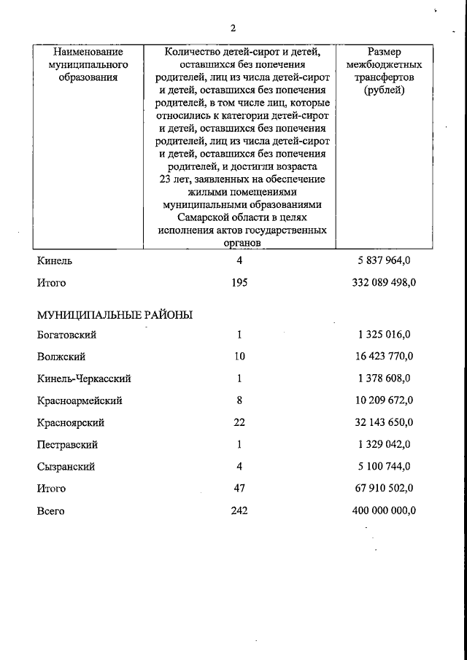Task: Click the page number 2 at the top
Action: click(233, 28)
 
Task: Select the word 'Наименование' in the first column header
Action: click(88, 53)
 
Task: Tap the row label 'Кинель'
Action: click(54, 260)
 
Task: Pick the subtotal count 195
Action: click(239, 283)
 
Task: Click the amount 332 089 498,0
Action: click(379, 283)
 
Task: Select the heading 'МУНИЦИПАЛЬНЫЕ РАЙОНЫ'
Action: click(115, 315)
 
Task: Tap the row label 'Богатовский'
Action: click(66, 335)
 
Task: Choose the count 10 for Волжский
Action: click(239, 357)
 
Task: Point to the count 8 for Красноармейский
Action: click(239, 401)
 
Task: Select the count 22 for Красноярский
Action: click(239, 423)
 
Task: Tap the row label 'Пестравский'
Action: click(67, 445)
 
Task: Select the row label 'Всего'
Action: click(50, 511)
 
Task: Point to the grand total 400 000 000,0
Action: click(379, 511)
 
